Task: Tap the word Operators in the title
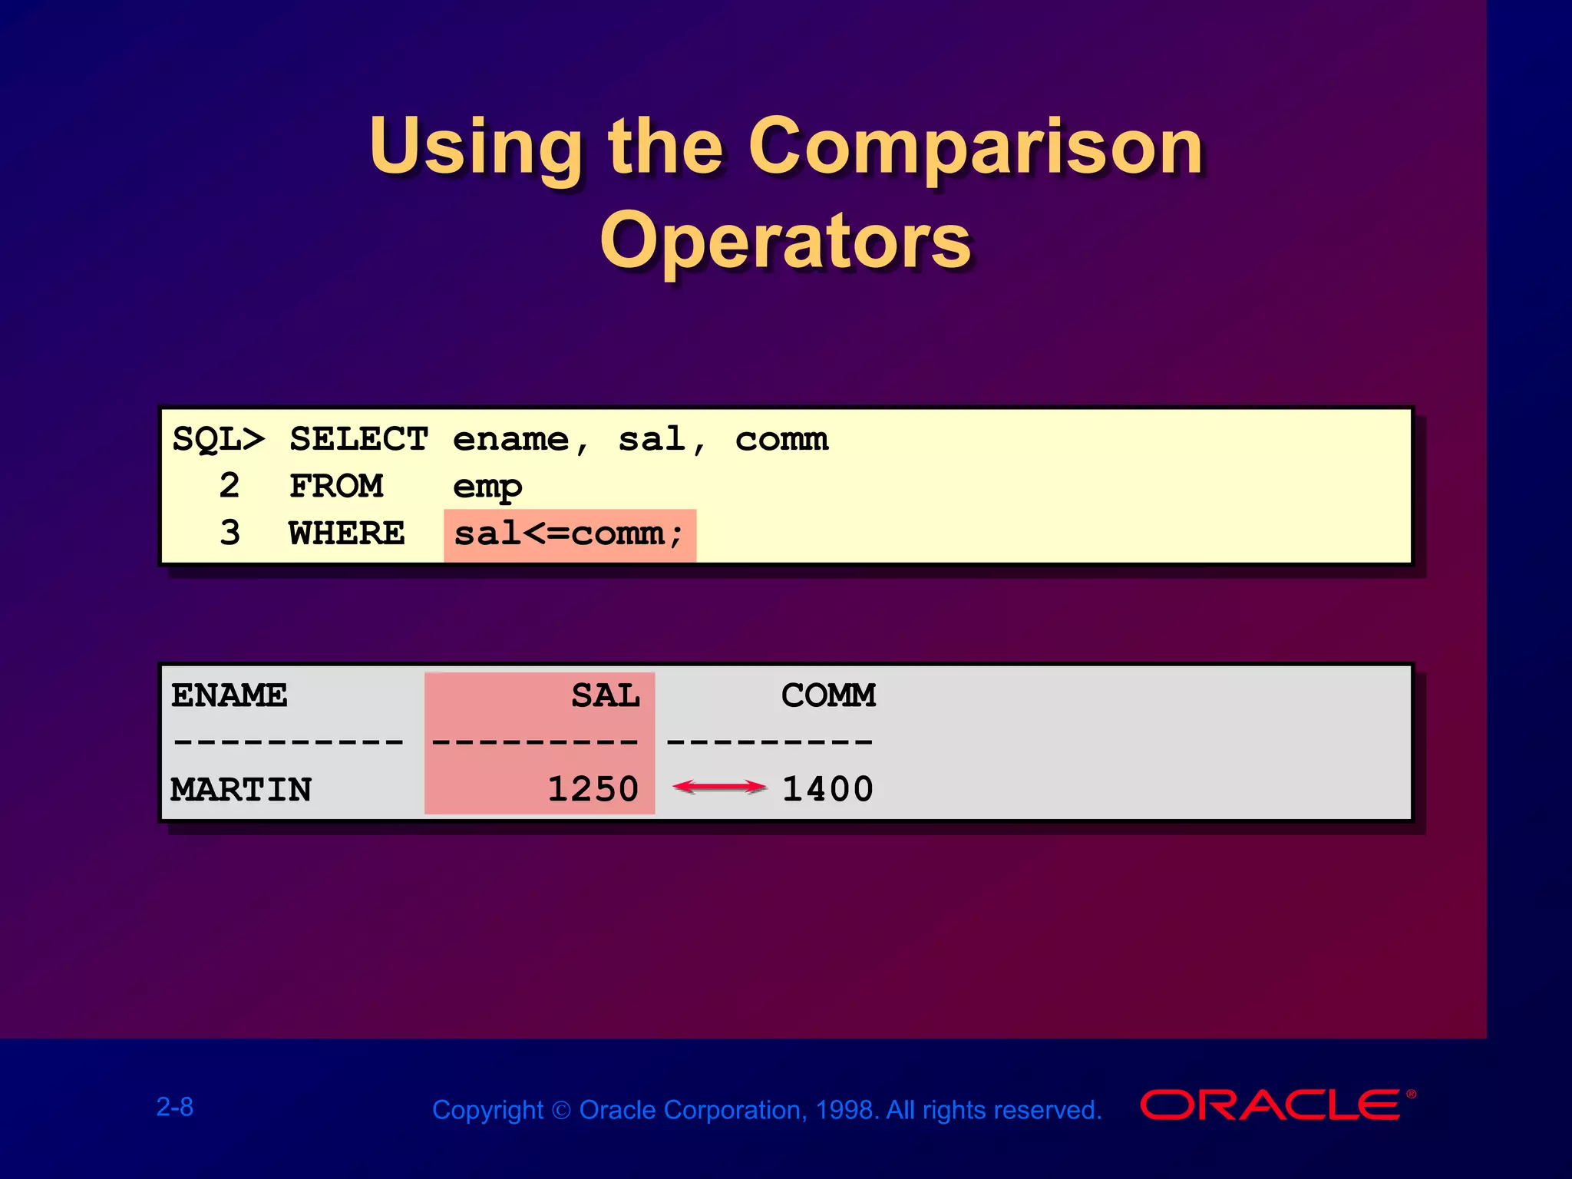[x=785, y=241]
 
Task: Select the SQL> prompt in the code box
[x=218, y=440]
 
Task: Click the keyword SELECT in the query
[x=358, y=440]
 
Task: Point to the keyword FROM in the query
[x=336, y=487]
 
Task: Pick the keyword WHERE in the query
[x=347, y=533]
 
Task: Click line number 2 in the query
[x=230, y=487]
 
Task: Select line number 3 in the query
[x=230, y=533]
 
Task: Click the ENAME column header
[x=229, y=696]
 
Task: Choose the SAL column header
[x=606, y=696]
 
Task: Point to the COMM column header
[x=828, y=696]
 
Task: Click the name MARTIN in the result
[x=241, y=790]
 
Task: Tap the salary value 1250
[x=593, y=790]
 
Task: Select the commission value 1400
[x=827, y=790]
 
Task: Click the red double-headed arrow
[x=718, y=787]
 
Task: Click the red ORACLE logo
[x=1270, y=1105]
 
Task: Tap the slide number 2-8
[x=175, y=1107]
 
